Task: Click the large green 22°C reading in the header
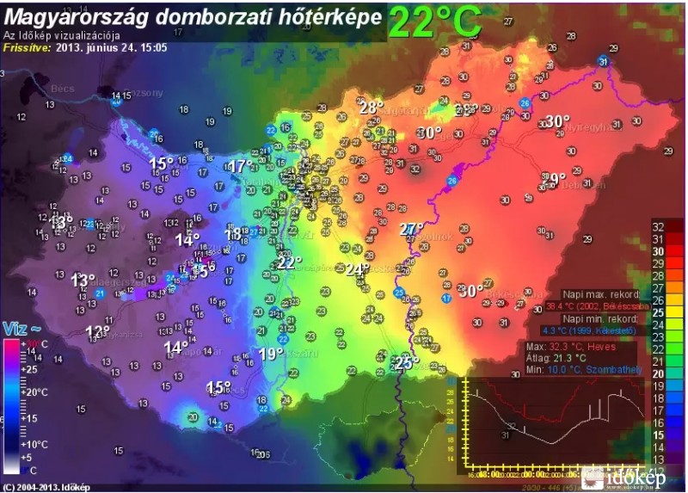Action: point(433,22)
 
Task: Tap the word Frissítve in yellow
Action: point(25,47)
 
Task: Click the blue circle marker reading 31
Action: point(603,61)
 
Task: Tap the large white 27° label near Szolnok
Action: point(412,229)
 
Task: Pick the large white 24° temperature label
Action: point(357,269)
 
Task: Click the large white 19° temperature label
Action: point(271,354)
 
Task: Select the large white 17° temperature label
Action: point(240,166)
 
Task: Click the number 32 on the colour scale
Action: point(658,226)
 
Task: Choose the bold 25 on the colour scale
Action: point(658,312)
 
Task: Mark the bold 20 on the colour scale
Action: point(658,373)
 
